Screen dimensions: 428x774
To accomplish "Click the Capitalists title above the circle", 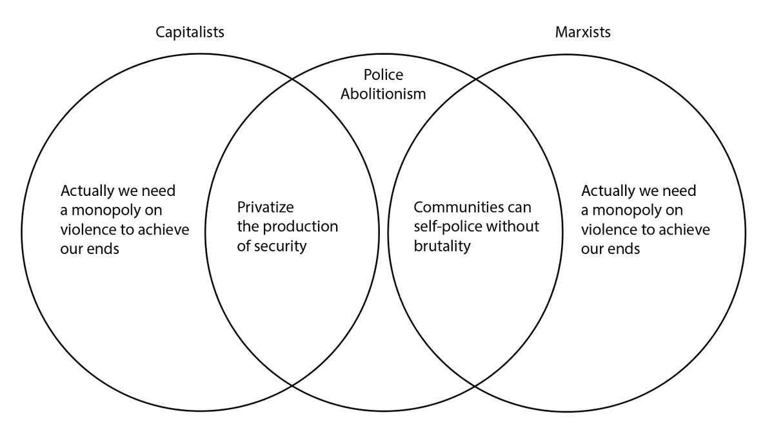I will [190, 32].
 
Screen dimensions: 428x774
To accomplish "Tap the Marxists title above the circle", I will [582, 32].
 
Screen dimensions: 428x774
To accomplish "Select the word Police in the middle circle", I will [384, 75].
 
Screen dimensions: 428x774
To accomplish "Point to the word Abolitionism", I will [384, 93].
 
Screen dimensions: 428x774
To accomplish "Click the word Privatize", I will [265, 208].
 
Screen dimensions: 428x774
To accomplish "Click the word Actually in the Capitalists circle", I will [86, 191].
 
